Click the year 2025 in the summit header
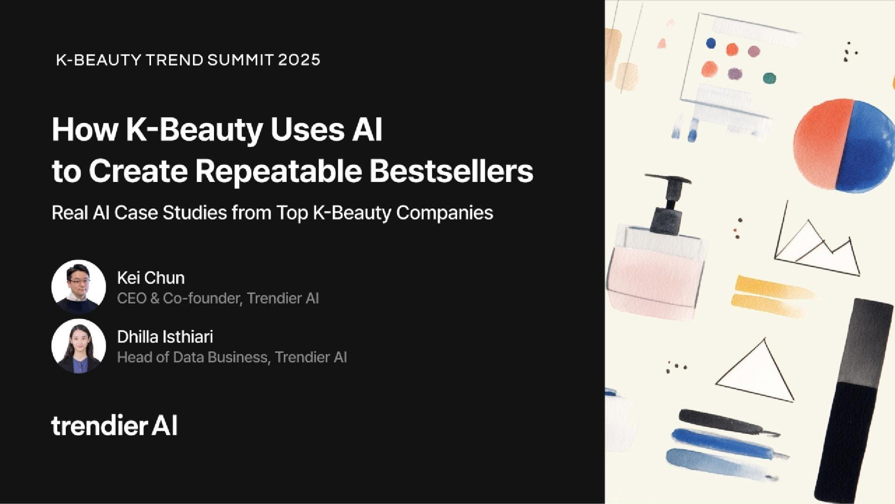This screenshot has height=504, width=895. pos(299,60)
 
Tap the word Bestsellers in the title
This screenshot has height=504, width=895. pos(451,171)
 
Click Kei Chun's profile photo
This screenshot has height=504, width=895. pos(79,287)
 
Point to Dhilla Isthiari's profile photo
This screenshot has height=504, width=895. pos(79,346)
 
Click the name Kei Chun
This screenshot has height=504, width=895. pos(151,278)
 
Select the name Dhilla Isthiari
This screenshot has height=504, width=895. pos(165,336)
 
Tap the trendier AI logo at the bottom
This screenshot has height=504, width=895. pos(114,426)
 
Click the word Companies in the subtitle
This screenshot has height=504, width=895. pos(445,213)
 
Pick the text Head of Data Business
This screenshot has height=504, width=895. pos(192,357)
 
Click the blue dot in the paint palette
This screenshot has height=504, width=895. pos(711,43)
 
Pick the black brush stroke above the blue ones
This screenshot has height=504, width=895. pos(727,422)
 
